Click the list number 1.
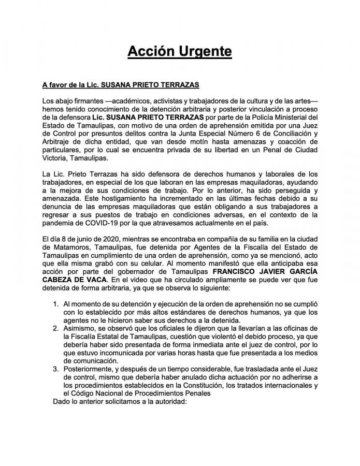(x=56, y=303)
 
